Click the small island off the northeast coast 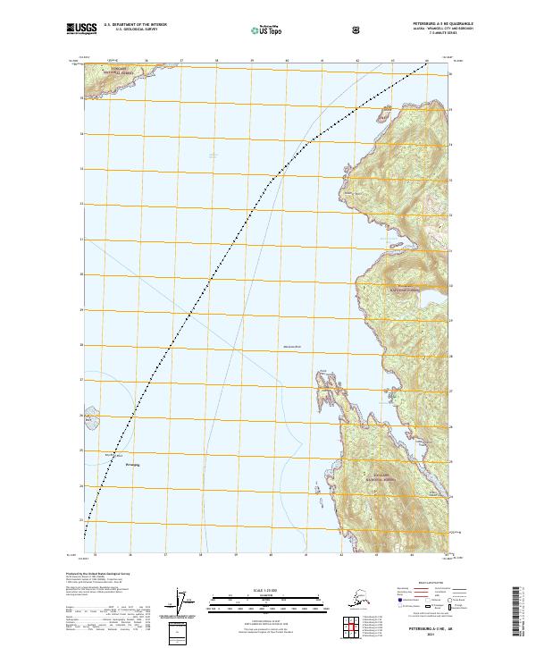tap(383, 114)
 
